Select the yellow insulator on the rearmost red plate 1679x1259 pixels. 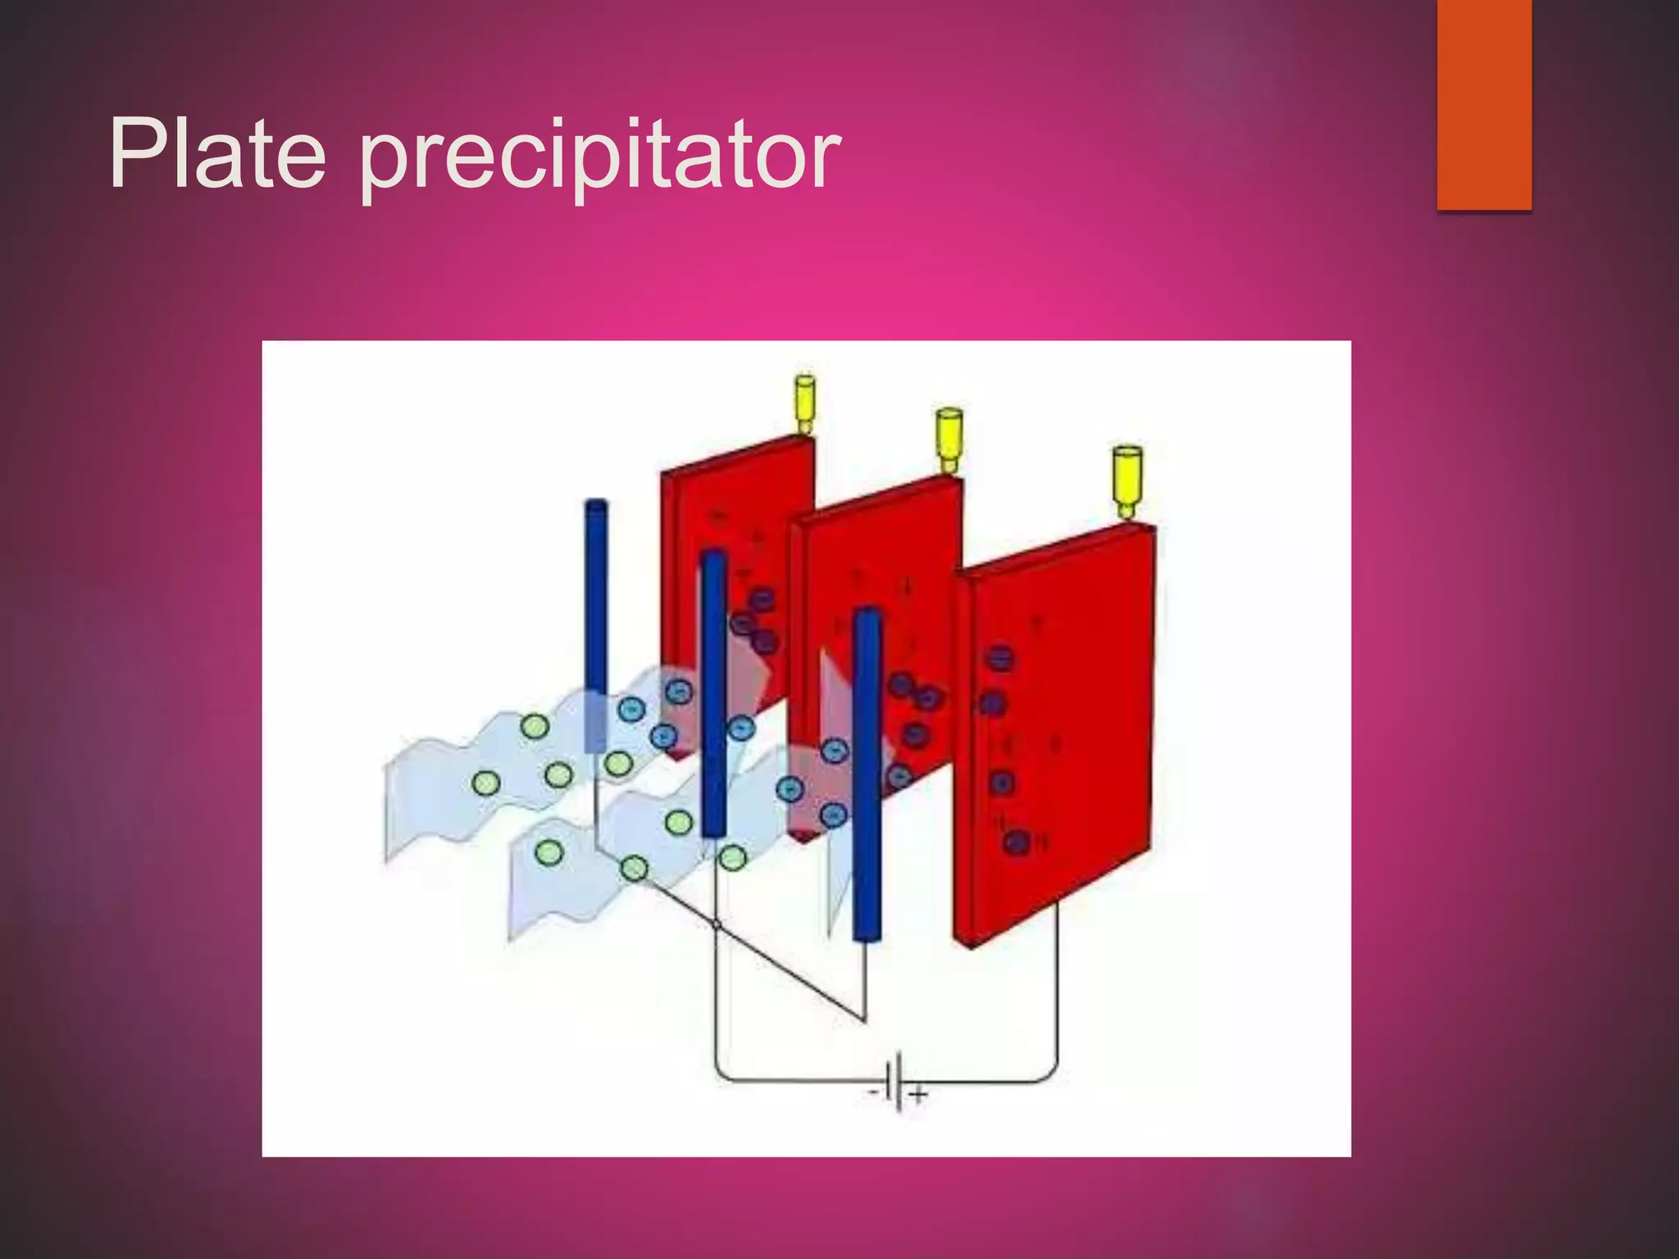click(x=805, y=402)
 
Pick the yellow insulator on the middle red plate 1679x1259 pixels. click(x=949, y=439)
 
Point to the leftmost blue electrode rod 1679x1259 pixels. click(x=596, y=623)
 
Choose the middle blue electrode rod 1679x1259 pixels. click(x=714, y=693)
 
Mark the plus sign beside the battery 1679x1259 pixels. click(x=919, y=1094)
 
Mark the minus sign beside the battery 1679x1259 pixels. click(x=875, y=1093)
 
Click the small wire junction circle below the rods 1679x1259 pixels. click(x=717, y=925)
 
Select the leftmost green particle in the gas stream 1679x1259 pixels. click(x=485, y=784)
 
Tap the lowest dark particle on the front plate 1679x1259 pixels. click(x=1016, y=841)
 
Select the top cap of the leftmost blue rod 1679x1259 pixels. click(x=596, y=504)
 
